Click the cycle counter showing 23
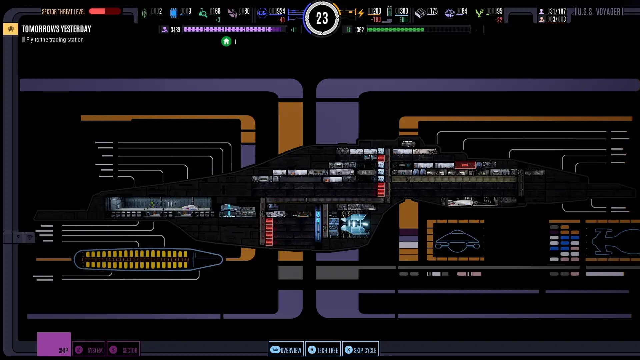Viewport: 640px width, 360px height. tap(322, 18)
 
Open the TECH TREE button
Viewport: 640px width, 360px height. tap(323, 350)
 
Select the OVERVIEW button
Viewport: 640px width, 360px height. tap(286, 350)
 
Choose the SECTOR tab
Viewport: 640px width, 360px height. tap(123, 350)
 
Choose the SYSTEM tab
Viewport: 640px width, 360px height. tap(89, 350)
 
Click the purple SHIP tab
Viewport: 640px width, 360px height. tap(54, 345)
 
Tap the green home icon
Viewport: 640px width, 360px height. tap(226, 42)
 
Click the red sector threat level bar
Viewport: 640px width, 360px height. tap(104, 11)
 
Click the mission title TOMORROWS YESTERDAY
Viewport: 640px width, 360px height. tap(57, 29)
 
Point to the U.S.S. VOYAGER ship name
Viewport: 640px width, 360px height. tap(599, 12)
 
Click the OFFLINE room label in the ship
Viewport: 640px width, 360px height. tap(367, 172)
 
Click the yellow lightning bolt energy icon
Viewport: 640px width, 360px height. tap(361, 13)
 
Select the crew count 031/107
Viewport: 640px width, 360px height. tap(556, 11)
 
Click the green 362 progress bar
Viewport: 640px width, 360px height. tap(418, 30)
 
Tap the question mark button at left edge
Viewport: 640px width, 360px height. tap(18, 237)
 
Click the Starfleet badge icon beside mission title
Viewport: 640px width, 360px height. tap(11, 29)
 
